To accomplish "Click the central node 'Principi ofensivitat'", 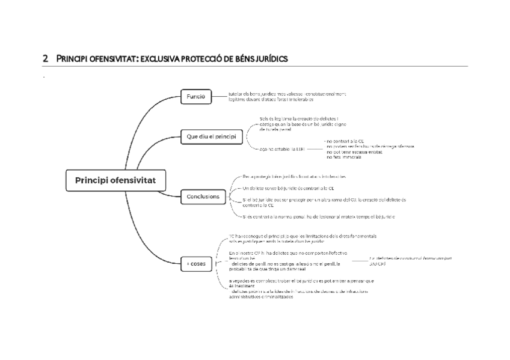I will pyautogui.click(x=114, y=180).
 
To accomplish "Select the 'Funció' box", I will pyautogui.click(x=195, y=96).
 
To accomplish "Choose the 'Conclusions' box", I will pyautogui.click(x=203, y=197).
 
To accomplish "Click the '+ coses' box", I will pyautogui.click(x=195, y=263).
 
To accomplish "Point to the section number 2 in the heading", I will pyautogui.click(x=45, y=58).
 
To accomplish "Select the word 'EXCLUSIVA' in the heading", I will pyautogui.click(x=162, y=58).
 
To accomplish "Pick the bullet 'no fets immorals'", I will pyautogui.click(x=343, y=156).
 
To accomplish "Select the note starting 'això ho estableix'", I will pyautogui.click(x=281, y=148).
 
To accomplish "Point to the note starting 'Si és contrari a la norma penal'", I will pyautogui.click(x=319, y=216).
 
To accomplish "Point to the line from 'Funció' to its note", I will pyautogui.click(x=219, y=96).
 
